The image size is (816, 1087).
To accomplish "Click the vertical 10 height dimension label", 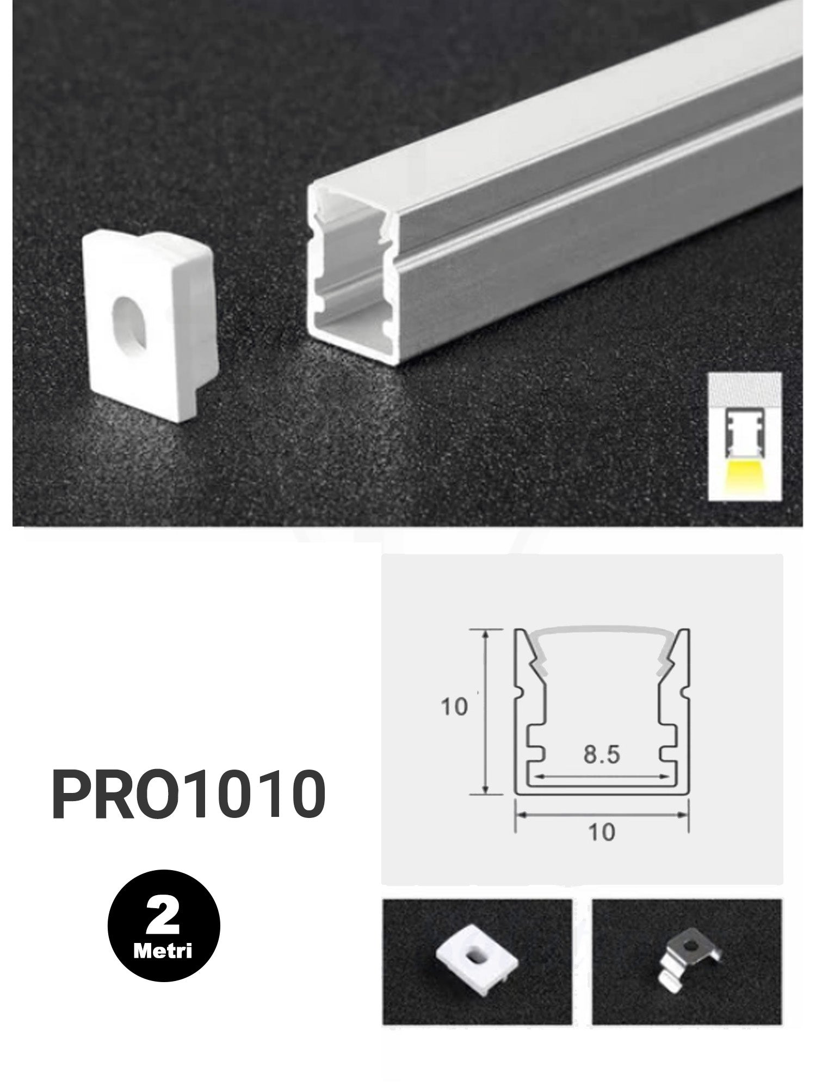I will pos(454,707).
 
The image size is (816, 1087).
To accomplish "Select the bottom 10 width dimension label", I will pos(601,846).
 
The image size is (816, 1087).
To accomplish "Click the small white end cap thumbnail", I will pos(474,956).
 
